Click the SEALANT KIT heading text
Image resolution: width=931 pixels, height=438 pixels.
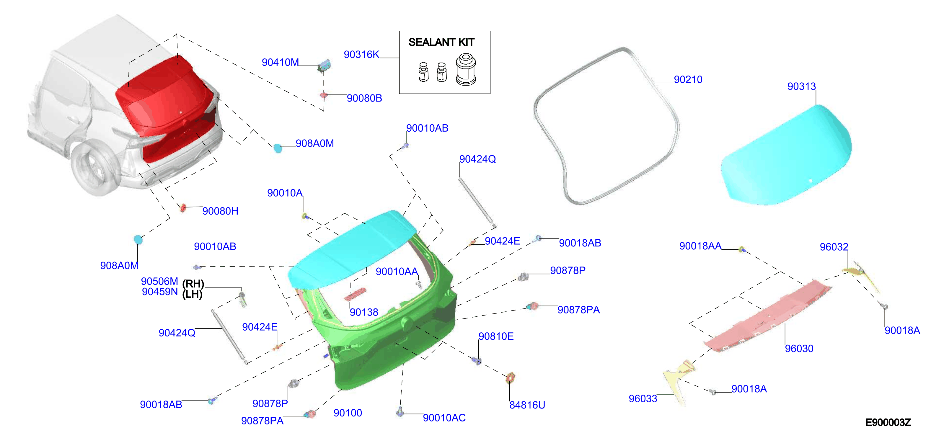pos(441,42)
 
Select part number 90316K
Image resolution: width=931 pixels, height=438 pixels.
pos(361,55)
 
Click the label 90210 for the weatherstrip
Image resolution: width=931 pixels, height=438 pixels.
pos(688,79)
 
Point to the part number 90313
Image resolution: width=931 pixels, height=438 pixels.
pos(802,86)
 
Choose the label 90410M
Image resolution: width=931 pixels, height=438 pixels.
pos(281,63)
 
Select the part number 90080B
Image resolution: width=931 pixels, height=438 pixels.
pos(364,98)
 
